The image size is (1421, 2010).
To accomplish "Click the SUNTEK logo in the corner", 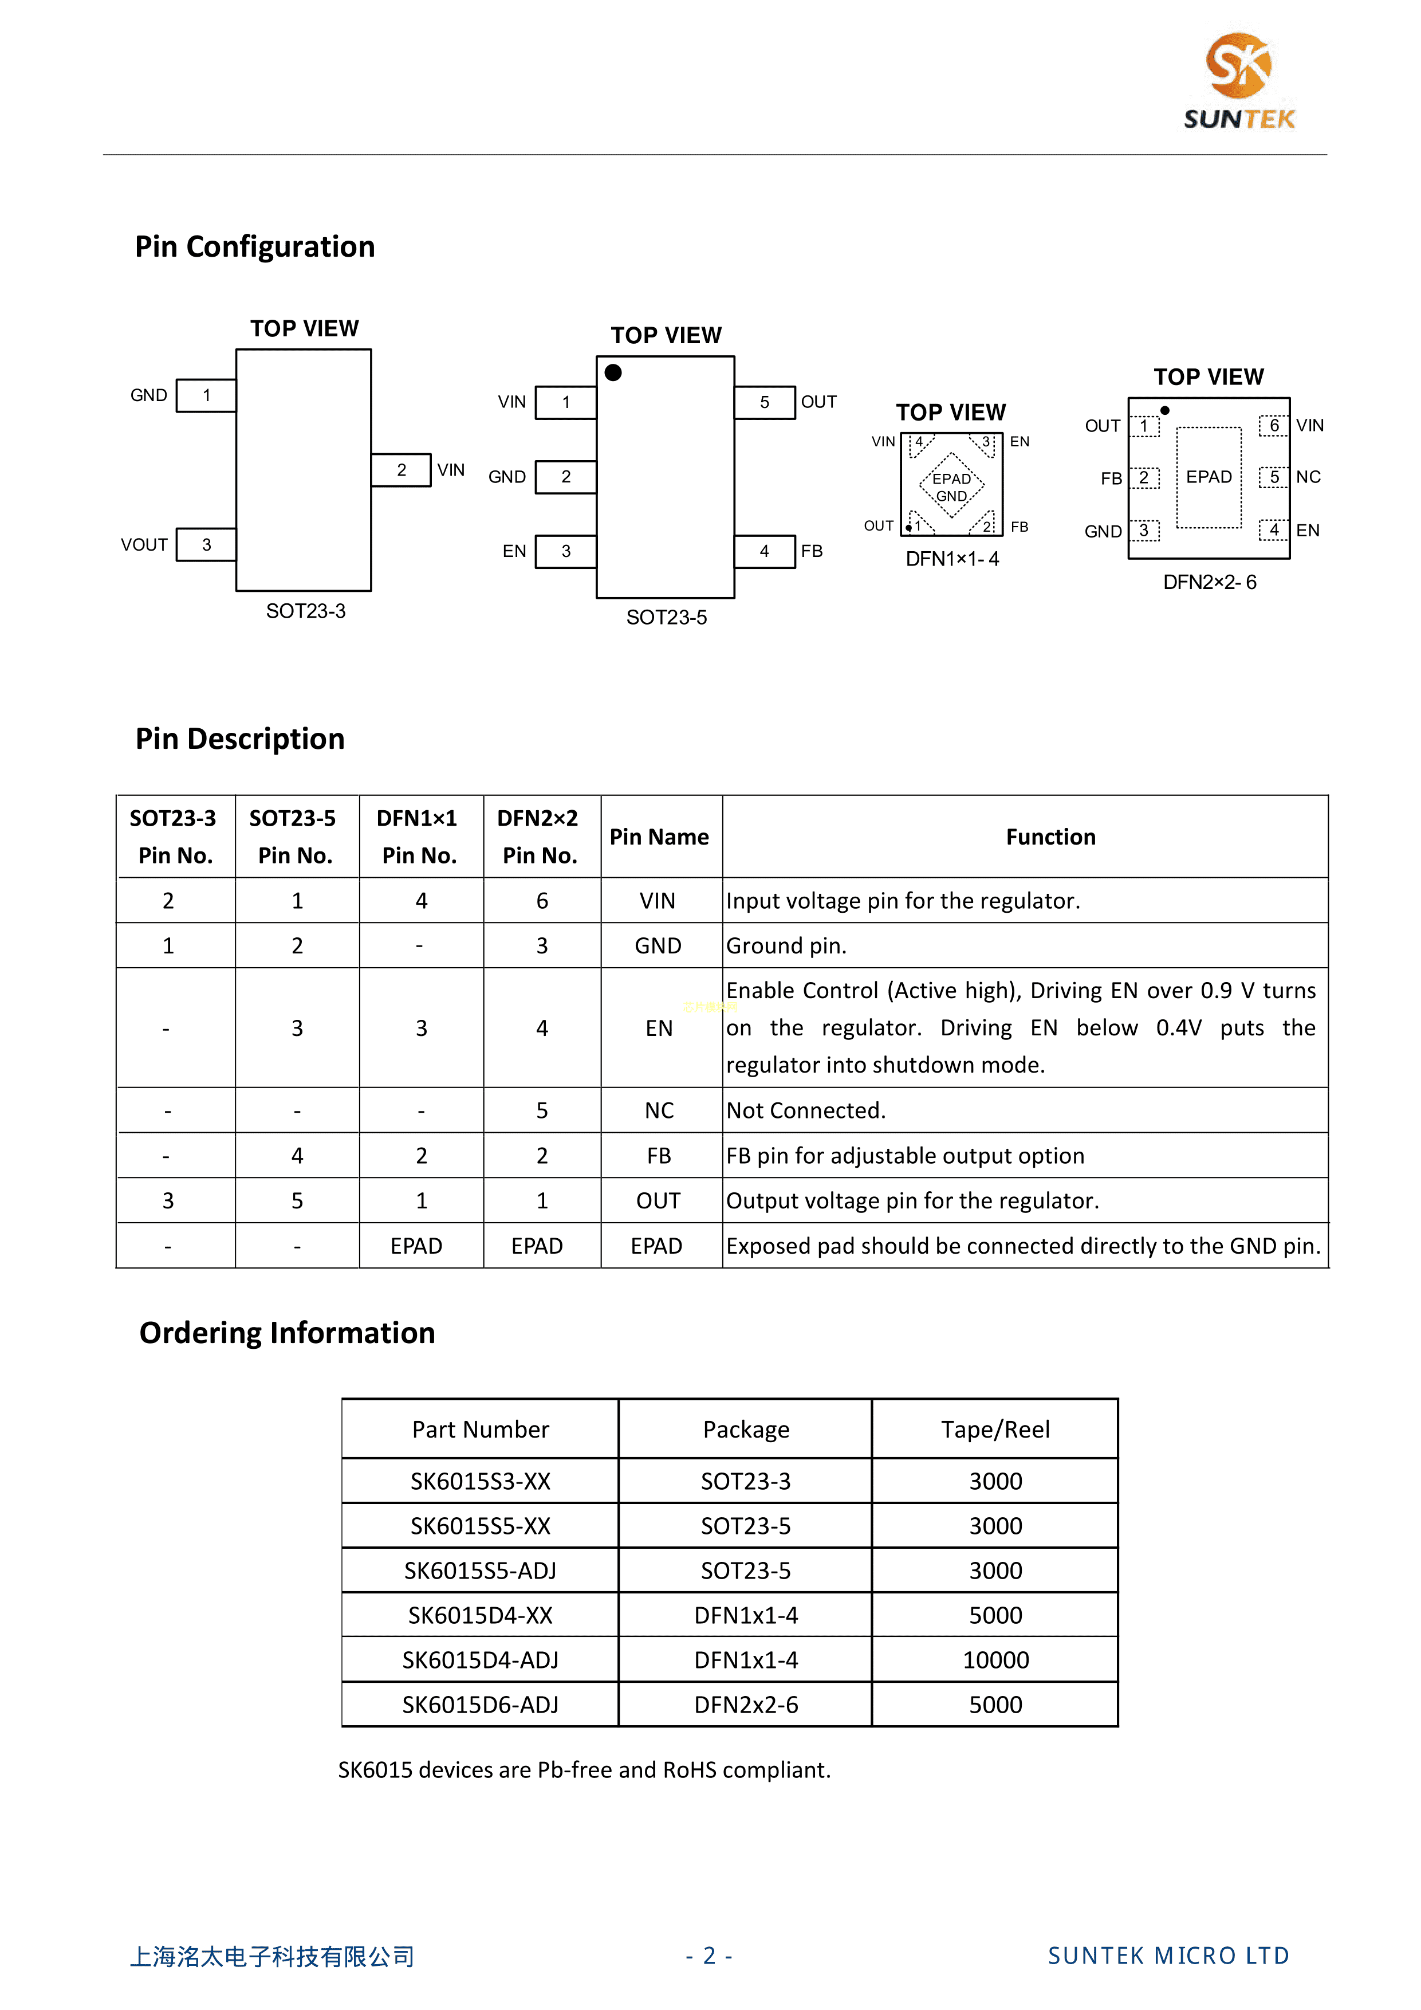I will click(x=1238, y=81).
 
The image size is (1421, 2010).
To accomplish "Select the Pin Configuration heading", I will click(x=255, y=247).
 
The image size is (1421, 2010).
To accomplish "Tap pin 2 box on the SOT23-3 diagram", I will click(x=401, y=470).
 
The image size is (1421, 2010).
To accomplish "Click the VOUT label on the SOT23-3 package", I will click(x=144, y=544).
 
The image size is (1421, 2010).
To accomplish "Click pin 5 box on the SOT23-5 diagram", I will click(x=764, y=402).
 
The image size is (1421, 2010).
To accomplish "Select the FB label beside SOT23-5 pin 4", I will click(x=811, y=551).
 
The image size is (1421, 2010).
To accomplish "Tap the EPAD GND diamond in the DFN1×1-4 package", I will click(x=951, y=486).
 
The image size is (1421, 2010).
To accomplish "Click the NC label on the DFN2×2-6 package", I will click(x=1308, y=477).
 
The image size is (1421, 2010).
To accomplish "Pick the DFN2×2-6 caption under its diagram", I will click(x=1209, y=582).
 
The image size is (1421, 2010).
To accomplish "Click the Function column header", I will click(x=1050, y=837).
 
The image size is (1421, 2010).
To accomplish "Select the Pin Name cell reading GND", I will click(x=658, y=945).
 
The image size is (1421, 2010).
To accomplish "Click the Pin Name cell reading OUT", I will click(x=658, y=1200).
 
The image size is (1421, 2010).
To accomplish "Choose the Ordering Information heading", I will click(x=287, y=1332).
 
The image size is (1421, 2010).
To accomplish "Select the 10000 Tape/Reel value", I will click(x=995, y=1660).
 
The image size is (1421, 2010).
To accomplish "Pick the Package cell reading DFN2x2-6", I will click(x=746, y=1705).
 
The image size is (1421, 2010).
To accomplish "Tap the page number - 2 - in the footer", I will click(x=708, y=1955).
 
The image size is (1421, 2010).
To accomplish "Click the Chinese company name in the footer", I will click(x=272, y=1956).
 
